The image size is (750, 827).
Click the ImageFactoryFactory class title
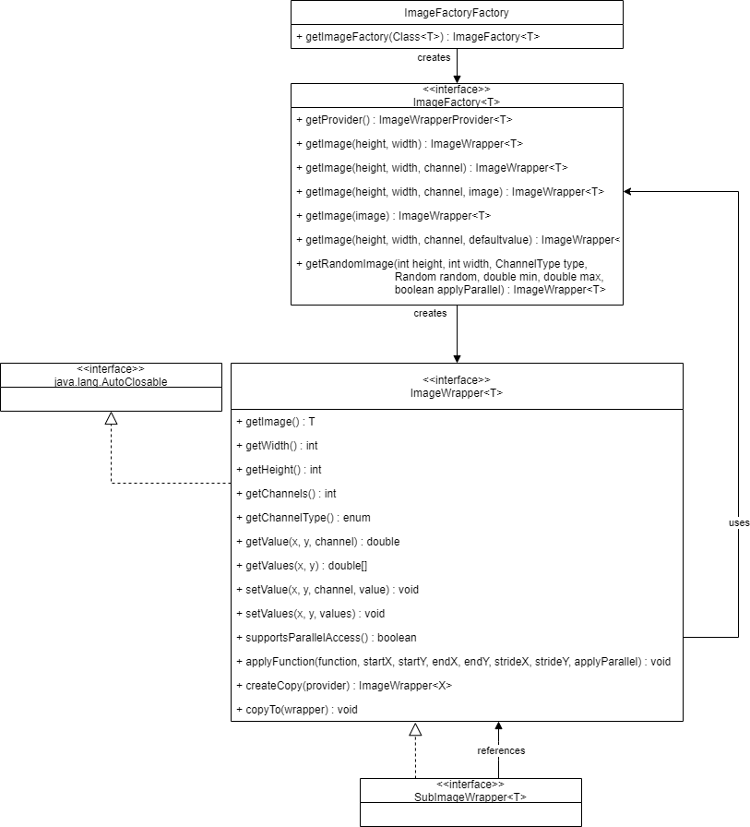click(457, 13)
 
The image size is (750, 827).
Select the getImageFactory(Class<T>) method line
click(418, 37)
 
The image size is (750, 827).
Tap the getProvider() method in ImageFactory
click(404, 120)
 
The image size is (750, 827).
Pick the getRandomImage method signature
click(451, 276)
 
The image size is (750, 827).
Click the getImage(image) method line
click(394, 216)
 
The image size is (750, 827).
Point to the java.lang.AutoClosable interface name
click(111, 382)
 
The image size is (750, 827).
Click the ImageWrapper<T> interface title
click(457, 393)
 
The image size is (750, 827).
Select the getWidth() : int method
click(277, 446)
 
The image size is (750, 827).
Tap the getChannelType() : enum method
click(304, 518)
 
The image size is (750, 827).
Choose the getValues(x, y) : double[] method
click(302, 566)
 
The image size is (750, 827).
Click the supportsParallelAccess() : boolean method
click(327, 637)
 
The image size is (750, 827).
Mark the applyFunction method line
click(453, 662)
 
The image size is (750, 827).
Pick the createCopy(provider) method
click(344, 685)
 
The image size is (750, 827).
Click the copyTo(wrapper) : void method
click(297, 710)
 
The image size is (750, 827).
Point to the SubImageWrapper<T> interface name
click(470, 797)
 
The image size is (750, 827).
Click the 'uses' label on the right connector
click(739, 522)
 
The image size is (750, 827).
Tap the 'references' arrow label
click(501, 750)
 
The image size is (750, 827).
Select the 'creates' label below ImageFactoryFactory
click(434, 57)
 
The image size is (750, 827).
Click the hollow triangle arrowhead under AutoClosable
click(112, 418)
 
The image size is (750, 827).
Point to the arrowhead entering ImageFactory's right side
click(627, 191)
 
